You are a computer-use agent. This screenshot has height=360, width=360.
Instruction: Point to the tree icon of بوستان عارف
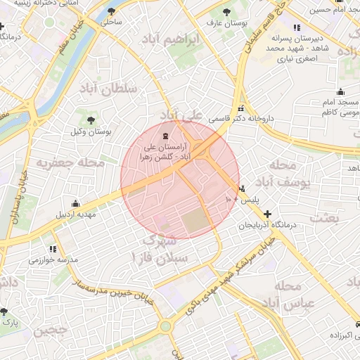[x=226, y=12]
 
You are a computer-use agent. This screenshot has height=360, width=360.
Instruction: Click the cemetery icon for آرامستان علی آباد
[x=165, y=135]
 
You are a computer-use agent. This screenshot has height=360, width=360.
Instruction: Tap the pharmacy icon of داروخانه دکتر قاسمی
[x=242, y=109]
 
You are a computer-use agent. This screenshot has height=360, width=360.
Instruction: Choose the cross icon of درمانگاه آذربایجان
[x=267, y=213]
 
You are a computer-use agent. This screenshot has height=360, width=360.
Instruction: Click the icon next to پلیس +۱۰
[x=243, y=188]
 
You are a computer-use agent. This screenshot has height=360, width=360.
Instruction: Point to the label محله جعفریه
[x=71, y=163]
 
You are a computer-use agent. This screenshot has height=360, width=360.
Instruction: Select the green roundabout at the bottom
[x=167, y=326]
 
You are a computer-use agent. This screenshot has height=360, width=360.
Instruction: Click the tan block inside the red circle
[x=198, y=224]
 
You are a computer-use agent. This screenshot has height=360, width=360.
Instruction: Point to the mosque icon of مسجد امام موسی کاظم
[x=341, y=92]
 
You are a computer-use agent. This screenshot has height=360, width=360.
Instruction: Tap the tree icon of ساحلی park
[x=112, y=12]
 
